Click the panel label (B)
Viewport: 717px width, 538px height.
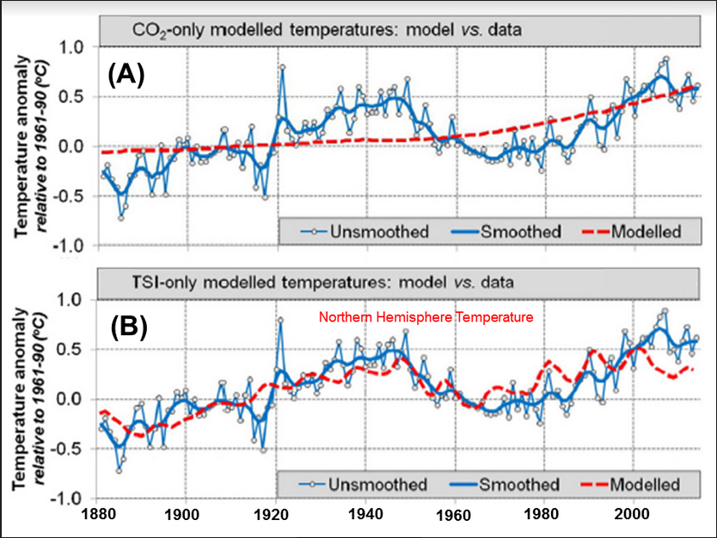click(127, 329)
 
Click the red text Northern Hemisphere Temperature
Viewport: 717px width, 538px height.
click(426, 317)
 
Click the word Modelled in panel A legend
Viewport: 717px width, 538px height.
click(646, 231)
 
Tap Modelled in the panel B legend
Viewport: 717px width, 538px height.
click(646, 484)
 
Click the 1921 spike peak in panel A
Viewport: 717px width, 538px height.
click(282, 66)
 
